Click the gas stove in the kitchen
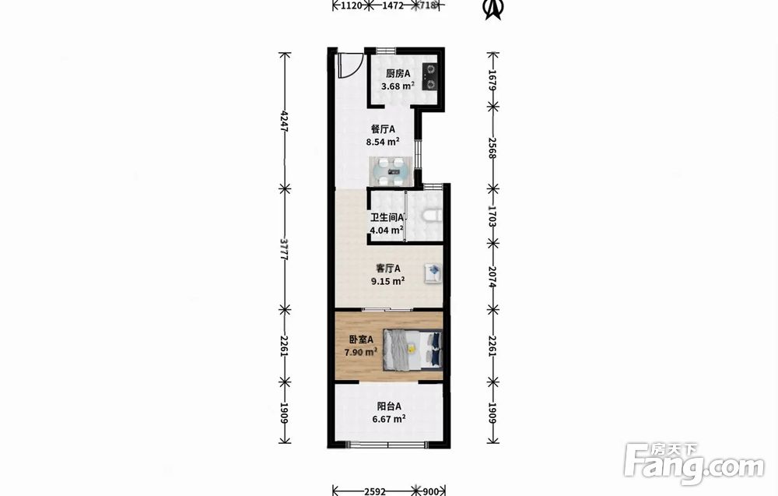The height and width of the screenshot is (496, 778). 429,77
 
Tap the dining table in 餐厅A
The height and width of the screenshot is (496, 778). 391,171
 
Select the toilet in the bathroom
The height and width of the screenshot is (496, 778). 433,216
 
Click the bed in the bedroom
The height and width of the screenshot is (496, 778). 412,350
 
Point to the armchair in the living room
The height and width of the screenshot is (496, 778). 433,273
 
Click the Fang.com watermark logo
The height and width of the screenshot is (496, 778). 694,464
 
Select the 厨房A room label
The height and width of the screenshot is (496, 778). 398,73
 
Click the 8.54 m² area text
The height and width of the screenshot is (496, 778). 383,142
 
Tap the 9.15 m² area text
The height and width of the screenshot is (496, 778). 387,281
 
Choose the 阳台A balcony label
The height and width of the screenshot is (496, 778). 389,406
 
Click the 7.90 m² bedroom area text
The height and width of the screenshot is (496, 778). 361,352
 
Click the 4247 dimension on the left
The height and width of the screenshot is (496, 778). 284,120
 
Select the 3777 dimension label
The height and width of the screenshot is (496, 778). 284,249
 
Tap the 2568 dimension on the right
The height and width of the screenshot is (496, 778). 492,147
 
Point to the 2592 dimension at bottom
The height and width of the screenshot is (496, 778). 375,491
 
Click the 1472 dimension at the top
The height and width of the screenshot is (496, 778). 393,5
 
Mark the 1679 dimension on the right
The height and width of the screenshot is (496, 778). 492,79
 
